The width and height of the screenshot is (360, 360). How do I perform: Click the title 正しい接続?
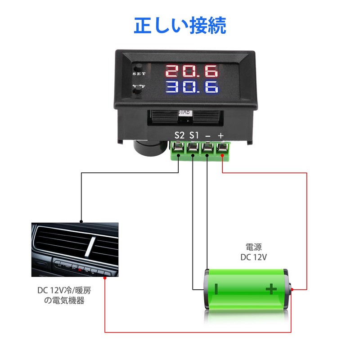click(x=180, y=26)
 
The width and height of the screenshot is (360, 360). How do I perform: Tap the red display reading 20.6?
click(x=192, y=71)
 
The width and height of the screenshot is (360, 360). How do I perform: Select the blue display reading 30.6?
click(x=192, y=87)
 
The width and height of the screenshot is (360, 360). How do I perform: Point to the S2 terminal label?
click(x=180, y=135)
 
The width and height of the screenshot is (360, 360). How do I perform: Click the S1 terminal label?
click(x=194, y=135)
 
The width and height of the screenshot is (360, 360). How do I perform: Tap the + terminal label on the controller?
click(x=221, y=135)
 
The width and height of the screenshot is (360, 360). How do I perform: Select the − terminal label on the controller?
click(x=207, y=135)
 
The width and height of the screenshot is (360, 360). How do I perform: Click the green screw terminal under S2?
click(x=179, y=148)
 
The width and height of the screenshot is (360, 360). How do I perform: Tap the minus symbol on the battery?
click(x=216, y=288)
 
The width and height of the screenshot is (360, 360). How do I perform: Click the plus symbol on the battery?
click(x=271, y=288)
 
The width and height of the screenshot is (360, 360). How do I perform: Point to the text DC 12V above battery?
click(x=254, y=257)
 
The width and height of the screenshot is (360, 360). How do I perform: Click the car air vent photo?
click(x=75, y=249)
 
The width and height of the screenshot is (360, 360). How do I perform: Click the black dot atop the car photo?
click(x=81, y=221)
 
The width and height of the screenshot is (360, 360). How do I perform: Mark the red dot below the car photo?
click(x=105, y=279)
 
